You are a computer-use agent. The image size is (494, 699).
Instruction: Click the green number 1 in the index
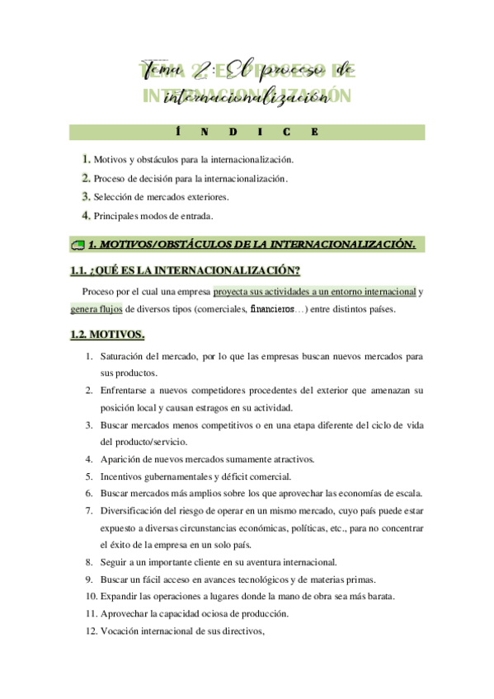tap(86, 159)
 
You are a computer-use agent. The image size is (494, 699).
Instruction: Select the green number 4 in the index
tap(86, 216)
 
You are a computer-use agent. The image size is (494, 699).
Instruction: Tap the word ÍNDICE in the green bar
tap(247, 132)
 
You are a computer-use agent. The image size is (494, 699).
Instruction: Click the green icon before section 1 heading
tap(78, 245)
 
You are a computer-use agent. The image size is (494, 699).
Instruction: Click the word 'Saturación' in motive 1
tap(123, 357)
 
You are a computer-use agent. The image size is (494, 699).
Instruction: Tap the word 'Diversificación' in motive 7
tap(134, 510)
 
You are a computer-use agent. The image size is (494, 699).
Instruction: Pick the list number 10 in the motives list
tap(90, 597)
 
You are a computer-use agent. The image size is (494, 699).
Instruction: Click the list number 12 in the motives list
tap(90, 631)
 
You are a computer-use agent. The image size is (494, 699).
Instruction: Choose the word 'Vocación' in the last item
tap(120, 631)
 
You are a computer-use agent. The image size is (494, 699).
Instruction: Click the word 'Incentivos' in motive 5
tap(123, 476)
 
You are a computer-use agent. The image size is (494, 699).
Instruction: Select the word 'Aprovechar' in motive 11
tap(125, 614)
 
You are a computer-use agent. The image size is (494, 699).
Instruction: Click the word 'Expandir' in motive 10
tap(120, 597)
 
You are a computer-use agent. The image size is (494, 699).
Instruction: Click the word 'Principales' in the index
tap(116, 217)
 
